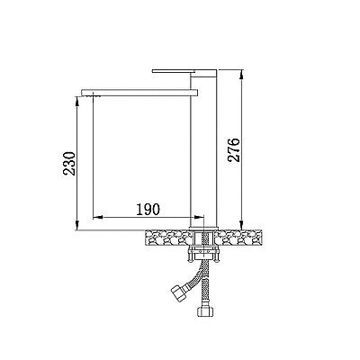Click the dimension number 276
pos(234,150)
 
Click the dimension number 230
pos(69,164)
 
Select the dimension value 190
pos(148,210)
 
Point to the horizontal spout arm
pos(139,93)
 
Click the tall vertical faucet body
pos(203,150)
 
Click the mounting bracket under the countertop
pos(203,254)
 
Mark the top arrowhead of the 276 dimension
pos(242,75)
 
